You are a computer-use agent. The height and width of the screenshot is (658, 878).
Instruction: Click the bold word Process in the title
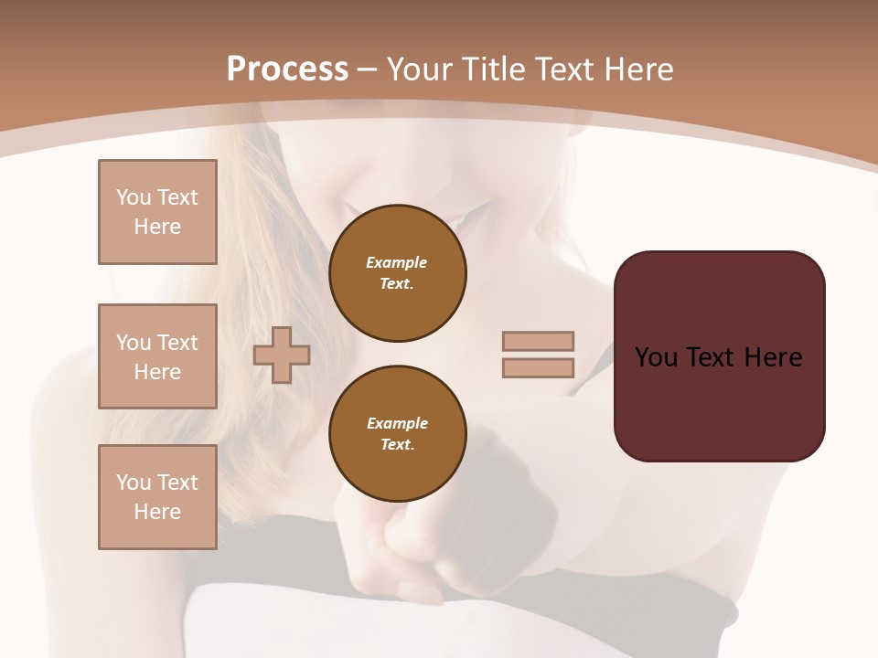point(287,69)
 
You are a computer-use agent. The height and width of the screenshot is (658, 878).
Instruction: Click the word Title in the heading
point(492,69)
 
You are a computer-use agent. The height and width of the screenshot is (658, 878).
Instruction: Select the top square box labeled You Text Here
point(157,212)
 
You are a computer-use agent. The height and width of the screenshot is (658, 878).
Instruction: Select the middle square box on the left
point(157,356)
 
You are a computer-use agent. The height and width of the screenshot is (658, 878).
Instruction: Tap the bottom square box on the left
point(157,497)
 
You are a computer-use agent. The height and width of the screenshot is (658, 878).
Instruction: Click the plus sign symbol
point(282,355)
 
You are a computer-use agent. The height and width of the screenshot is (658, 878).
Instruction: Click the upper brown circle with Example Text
point(397,273)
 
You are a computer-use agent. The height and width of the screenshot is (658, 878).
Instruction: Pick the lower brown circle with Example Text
point(397,434)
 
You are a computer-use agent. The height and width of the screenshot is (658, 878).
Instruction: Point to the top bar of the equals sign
point(539,341)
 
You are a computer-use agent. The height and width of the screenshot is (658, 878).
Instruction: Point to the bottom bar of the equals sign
point(539,367)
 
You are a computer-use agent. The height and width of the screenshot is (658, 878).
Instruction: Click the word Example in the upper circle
point(397,262)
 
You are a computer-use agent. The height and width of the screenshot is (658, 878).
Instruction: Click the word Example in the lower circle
point(397,423)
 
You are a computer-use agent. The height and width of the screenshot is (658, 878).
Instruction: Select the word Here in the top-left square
point(157,227)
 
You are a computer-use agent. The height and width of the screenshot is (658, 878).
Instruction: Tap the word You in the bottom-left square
point(134,483)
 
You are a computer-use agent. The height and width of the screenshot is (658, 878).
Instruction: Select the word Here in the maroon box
point(773,357)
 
